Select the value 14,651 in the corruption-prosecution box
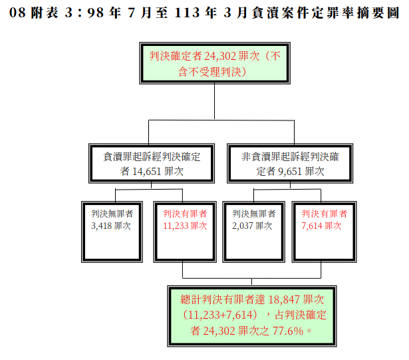(146, 172)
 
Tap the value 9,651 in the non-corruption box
(290, 172)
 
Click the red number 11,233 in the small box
(176, 226)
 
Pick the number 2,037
(243, 226)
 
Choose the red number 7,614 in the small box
(312, 226)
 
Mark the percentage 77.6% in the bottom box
(288, 331)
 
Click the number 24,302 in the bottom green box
(219, 331)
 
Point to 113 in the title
(185, 13)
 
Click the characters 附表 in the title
(45, 13)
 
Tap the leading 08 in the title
(17, 13)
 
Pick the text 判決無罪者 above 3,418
(112, 214)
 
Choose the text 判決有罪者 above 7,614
(325, 214)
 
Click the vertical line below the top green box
(214, 101)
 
